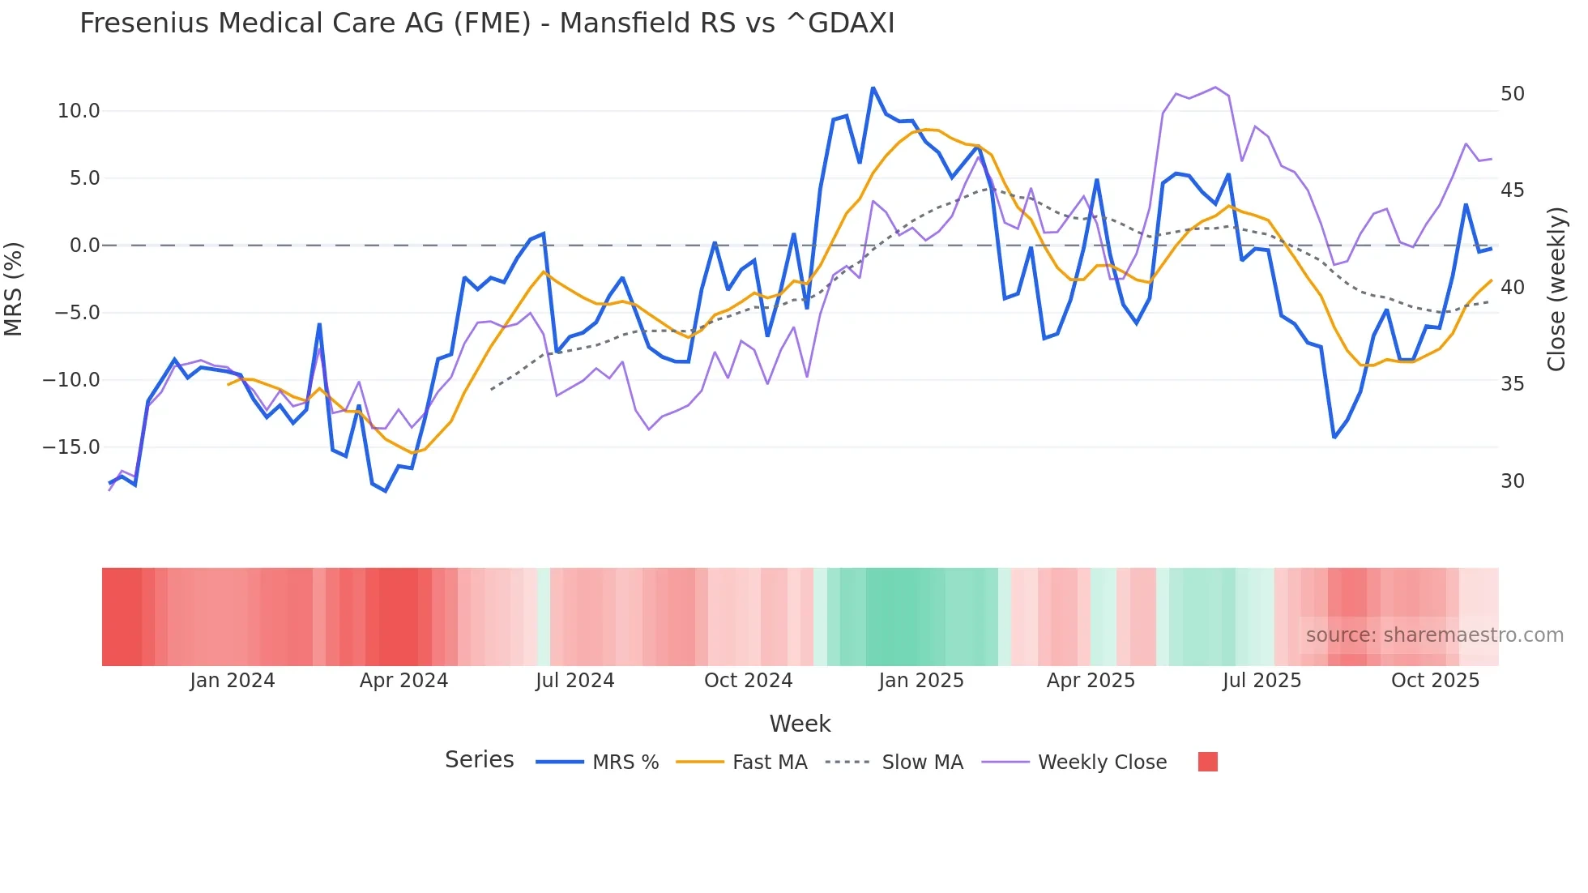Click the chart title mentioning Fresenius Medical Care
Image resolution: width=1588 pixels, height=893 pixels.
[x=487, y=23]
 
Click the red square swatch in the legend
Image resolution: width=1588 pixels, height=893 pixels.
[x=1207, y=762]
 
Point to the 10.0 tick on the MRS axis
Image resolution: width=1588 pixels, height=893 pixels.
[x=79, y=111]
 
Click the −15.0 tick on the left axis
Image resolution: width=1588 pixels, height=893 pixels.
[x=71, y=447]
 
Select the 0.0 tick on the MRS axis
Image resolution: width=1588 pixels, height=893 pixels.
[x=84, y=246]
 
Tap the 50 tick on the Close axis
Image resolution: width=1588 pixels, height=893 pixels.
[x=1512, y=94]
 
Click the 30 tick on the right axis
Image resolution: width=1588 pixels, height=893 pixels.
[x=1512, y=481]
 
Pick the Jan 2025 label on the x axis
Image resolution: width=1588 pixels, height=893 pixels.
[x=921, y=681]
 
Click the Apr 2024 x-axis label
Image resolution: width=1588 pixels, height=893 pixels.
[x=403, y=681]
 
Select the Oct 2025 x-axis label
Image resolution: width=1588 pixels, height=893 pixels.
[x=1435, y=681]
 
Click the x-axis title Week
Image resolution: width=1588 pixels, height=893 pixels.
[x=800, y=724]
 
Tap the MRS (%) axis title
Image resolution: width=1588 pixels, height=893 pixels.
[x=13, y=288]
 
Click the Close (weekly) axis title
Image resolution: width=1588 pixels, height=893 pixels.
[x=1556, y=289]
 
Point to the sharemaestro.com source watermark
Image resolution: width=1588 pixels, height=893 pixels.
[x=1434, y=635]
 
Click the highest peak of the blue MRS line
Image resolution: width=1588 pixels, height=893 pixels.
[x=873, y=88]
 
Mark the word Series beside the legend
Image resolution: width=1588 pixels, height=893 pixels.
[x=479, y=760]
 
